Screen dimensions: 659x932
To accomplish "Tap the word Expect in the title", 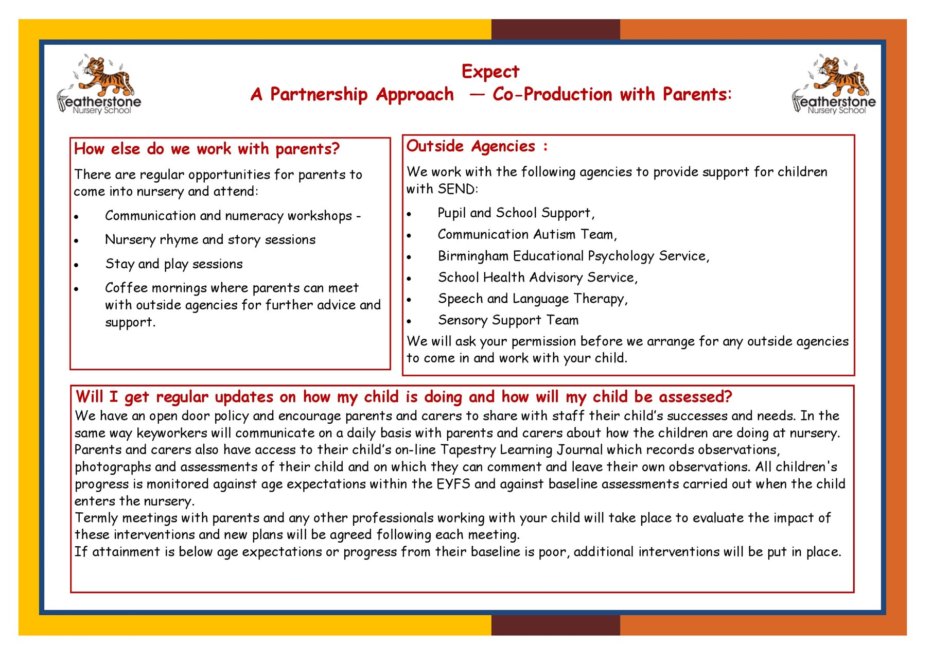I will [490, 72].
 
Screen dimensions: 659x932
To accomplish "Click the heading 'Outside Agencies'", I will [471, 147].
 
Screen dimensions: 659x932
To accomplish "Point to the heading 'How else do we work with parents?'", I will [206, 149].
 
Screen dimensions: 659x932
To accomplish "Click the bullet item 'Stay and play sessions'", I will [173, 264].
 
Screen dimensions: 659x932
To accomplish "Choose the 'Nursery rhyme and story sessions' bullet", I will [210, 240].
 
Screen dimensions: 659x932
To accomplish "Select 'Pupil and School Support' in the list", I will [515, 213].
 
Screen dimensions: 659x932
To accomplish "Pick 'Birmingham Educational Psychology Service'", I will [573, 256].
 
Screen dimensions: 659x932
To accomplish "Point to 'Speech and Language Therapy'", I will [532, 299].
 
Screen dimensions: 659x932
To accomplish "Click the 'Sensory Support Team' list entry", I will [508, 320].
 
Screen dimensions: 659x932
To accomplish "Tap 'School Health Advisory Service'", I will [537, 278].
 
